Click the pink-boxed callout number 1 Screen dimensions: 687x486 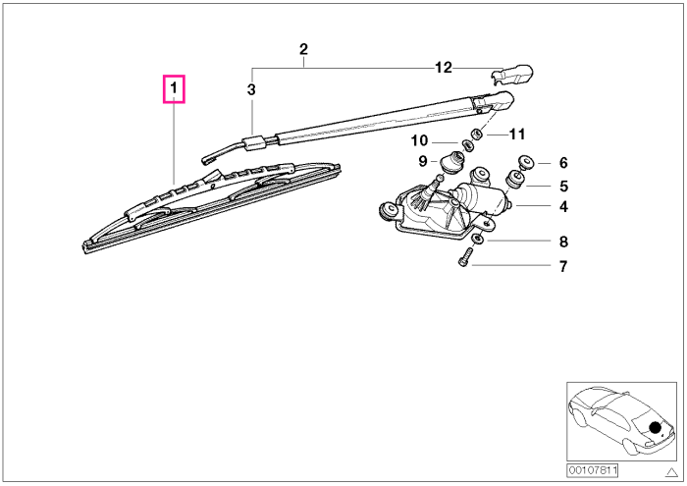tap(174, 88)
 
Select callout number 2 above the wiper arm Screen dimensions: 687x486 tap(303, 49)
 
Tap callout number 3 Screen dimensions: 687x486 tap(251, 89)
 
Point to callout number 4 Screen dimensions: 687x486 tap(563, 206)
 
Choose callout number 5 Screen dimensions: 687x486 tap(564, 187)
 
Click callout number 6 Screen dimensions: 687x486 tap(563, 163)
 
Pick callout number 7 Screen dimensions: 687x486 tap(563, 266)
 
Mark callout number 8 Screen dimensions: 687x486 tap(563, 242)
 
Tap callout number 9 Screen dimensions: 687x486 tap(423, 161)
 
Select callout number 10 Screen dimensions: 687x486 tap(419, 140)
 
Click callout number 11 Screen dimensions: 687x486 tap(517, 135)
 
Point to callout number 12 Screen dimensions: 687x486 tap(443, 68)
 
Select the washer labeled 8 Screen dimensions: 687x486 tap(478, 240)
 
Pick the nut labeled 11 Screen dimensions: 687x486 tap(476, 133)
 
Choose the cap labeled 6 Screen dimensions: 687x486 tap(525, 162)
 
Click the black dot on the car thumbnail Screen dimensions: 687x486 tap(655, 427)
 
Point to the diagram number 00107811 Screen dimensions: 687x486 tap(593, 470)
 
